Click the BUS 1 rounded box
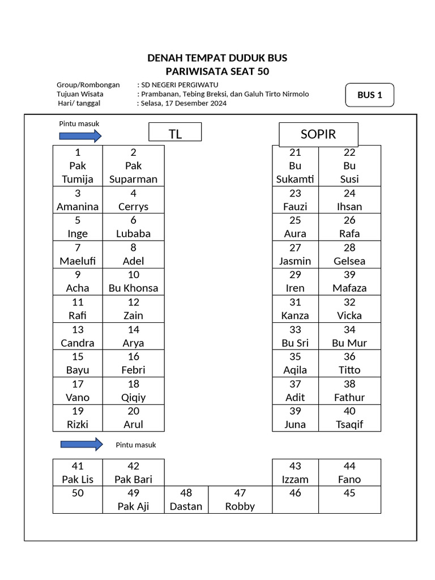click(369, 95)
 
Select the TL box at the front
click(175, 133)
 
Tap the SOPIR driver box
click(318, 134)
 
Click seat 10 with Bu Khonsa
click(134, 282)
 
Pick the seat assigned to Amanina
click(78, 200)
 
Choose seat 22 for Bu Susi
click(349, 166)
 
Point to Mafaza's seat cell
click(349, 282)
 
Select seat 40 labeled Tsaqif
click(349, 417)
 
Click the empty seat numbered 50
click(78, 499)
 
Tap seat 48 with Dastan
click(186, 499)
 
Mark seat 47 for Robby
click(240, 499)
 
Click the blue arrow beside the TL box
click(80, 136)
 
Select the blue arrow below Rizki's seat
click(80, 444)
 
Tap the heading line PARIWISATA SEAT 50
click(217, 71)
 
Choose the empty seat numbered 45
click(349, 499)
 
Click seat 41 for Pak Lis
click(78, 472)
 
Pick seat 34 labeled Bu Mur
click(349, 336)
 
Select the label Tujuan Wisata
click(80, 94)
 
